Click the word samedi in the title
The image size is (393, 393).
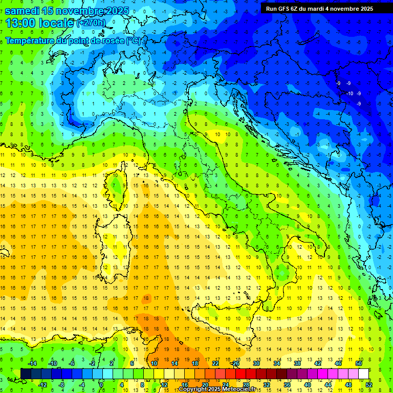tap(25, 11)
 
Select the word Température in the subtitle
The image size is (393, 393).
tap(30, 40)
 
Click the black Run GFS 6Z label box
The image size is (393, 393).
tap(319, 9)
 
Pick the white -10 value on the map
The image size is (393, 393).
tap(350, 94)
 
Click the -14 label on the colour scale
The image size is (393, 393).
tap(33, 363)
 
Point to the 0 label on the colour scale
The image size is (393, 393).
tap(101, 385)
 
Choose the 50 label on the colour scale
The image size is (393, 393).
tap(358, 363)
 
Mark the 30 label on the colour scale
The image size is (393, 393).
tap(256, 363)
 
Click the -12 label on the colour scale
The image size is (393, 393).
tap(43, 385)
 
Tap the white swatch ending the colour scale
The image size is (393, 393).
tap(363, 374)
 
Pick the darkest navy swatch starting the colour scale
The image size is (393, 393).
tap(26, 374)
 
